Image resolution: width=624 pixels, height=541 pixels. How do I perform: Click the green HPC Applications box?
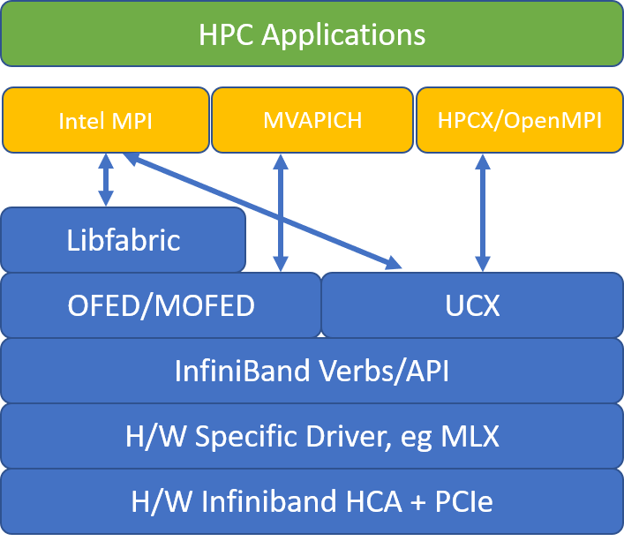(312, 34)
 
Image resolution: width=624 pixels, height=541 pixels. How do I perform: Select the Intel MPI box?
(105, 120)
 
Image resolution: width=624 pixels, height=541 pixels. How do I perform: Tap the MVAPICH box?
(312, 120)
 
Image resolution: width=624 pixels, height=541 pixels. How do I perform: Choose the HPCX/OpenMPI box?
(519, 120)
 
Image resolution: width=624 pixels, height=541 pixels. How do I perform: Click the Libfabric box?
(123, 240)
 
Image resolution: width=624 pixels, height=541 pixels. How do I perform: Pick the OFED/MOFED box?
(161, 305)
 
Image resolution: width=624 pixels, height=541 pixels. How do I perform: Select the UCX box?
(471, 305)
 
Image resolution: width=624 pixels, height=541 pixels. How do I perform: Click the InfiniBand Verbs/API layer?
(312, 371)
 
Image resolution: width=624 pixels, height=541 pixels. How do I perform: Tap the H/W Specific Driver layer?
(312, 436)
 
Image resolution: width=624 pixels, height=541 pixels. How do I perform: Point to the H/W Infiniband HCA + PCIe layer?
(312, 501)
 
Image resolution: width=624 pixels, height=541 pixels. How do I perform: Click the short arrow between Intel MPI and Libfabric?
(106, 180)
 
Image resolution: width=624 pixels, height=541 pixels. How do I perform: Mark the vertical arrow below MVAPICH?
(281, 212)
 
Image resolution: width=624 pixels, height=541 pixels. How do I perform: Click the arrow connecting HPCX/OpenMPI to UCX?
(482, 212)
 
